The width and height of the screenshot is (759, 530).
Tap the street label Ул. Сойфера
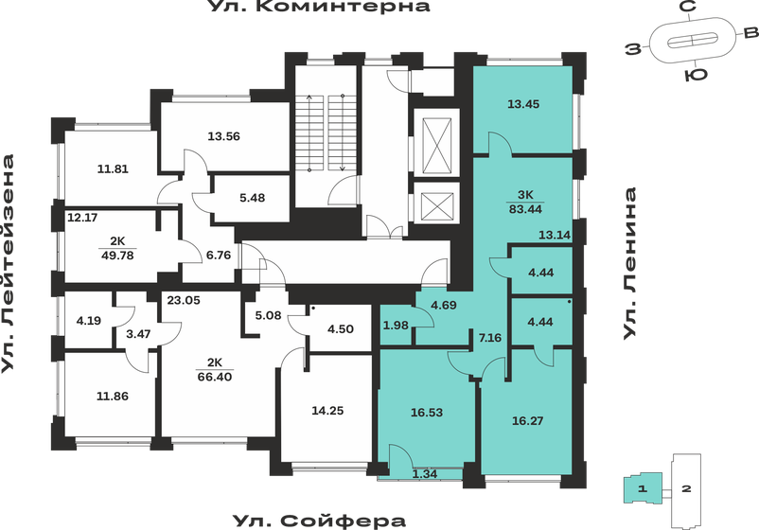(x=319, y=520)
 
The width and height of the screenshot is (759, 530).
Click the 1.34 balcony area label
(x=426, y=475)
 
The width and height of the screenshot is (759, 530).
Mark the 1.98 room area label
(x=396, y=327)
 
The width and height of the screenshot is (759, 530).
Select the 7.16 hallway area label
(x=488, y=336)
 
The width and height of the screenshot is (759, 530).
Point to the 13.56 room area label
(x=224, y=135)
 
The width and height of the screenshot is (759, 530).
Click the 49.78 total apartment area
(x=117, y=254)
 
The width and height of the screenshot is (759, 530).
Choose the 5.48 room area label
(x=253, y=197)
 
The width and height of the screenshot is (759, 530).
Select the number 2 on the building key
(x=687, y=489)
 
